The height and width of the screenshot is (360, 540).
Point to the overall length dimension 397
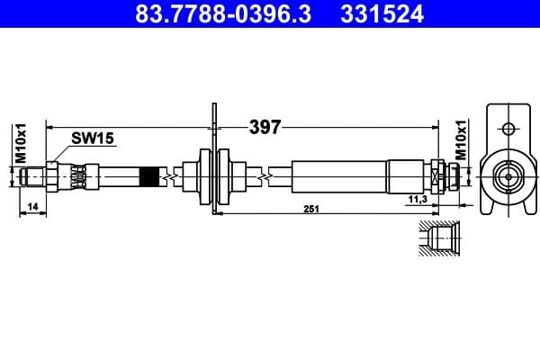click(x=265, y=128)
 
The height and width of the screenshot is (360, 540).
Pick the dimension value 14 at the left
click(x=31, y=208)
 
